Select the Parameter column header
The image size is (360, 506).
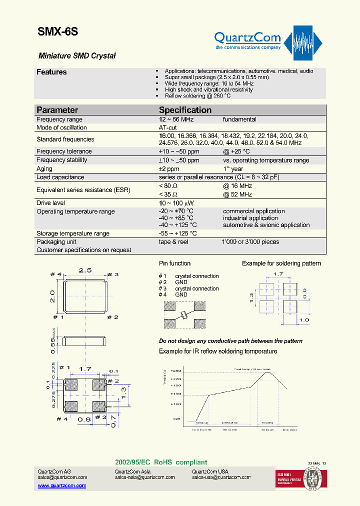click(57, 110)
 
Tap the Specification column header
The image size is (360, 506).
click(185, 110)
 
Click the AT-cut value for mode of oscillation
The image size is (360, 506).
click(167, 128)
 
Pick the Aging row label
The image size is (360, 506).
click(44, 169)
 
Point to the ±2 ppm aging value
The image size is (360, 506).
click(169, 169)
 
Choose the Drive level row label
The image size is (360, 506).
click(50, 203)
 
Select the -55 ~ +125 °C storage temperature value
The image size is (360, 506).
click(178, 233)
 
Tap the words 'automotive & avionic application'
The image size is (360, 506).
click(266, 225)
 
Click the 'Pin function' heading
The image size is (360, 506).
click(174, 263)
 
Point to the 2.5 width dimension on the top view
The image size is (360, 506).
click(85, 270)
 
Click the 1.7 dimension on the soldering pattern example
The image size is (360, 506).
click(278, 274)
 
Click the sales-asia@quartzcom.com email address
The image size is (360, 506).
click(144, 477)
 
